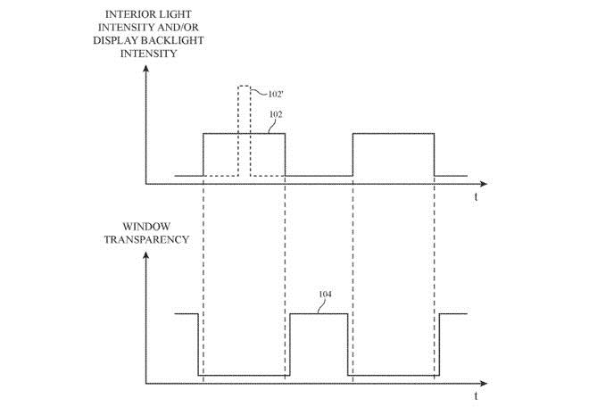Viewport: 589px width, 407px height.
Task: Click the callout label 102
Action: click(277, 116)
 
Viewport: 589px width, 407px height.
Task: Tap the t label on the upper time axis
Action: click(477, 194)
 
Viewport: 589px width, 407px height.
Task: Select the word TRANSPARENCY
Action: click(145, 241)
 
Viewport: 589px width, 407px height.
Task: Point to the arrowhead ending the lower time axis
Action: click(470, 384)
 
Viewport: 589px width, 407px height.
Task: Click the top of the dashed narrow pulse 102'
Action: click(243, 86)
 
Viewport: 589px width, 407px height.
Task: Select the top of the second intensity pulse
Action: click(394, 133)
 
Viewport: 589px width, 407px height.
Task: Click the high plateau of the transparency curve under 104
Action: click(319, 313)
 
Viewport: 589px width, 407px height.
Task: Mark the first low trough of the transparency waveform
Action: click(241, 375)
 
